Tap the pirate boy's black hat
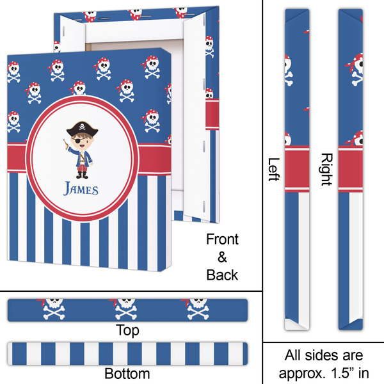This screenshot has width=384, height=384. (80, 126)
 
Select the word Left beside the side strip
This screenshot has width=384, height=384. (274, 169)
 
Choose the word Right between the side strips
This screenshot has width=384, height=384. (326, 169)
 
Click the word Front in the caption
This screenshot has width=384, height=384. (221, 240)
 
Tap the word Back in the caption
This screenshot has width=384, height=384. (221, 275)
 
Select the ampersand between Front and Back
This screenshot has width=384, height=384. (221, 257)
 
